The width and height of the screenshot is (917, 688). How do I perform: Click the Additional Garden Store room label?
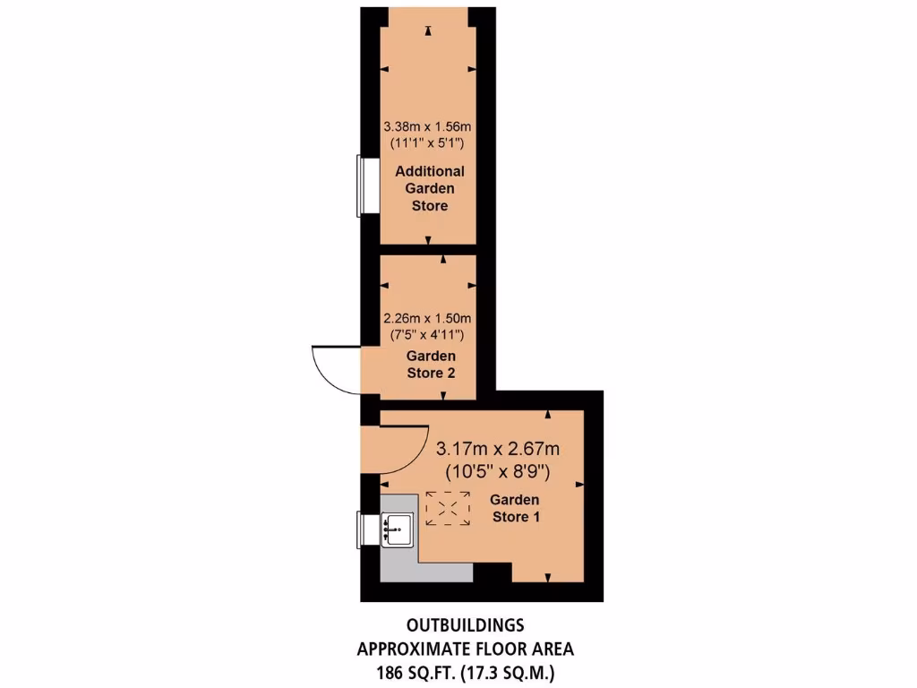click(x=427, y=188)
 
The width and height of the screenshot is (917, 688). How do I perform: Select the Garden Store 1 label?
click(x=515, y=508)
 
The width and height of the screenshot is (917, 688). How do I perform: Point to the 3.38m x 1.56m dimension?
click(x=427, y=128)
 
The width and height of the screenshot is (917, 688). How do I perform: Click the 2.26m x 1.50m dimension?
click(x=427, y=318)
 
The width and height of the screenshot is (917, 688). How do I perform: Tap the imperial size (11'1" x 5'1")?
click(x=427, y=143)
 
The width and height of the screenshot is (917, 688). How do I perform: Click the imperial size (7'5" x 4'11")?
click(x=427, y=334)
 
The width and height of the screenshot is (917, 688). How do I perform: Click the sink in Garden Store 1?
click(x=396, y=529)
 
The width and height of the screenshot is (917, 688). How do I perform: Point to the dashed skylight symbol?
click(x=448, y=508)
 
